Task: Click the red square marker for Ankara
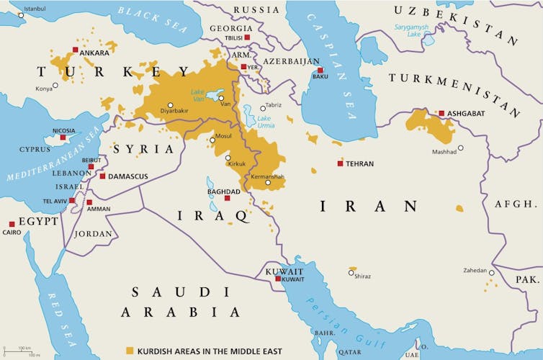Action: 76,50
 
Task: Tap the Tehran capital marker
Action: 340,163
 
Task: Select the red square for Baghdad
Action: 227,198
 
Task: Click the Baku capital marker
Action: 320,71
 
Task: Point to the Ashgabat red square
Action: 441,113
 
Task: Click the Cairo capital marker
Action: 12,224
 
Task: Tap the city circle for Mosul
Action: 212,140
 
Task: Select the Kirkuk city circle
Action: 228,158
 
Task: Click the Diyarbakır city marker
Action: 171,104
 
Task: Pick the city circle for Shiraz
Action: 351,272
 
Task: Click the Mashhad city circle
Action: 461,148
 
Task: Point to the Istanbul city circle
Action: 21,14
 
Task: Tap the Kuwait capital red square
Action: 278,279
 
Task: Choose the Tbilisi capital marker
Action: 247,37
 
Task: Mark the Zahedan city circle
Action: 492,273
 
